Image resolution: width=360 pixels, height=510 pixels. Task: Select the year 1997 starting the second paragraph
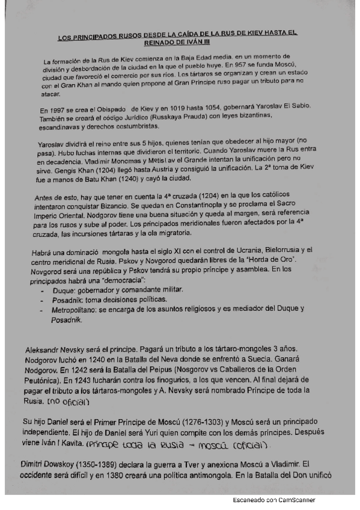pos(57,110)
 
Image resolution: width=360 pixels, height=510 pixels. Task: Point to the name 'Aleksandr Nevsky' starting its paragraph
pos(56,350)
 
